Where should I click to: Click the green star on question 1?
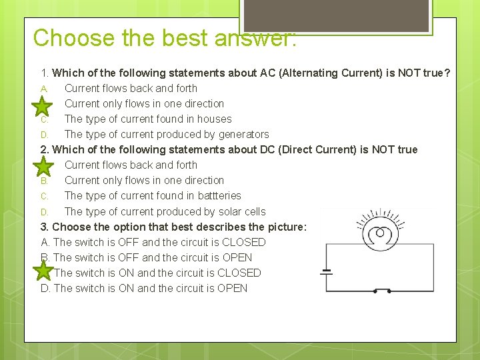43,105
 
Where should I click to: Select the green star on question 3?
43,271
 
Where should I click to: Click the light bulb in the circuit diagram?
380,235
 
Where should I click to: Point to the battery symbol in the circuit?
326,272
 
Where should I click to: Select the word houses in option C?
214,119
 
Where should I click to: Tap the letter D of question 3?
45,289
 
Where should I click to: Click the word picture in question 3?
285,227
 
